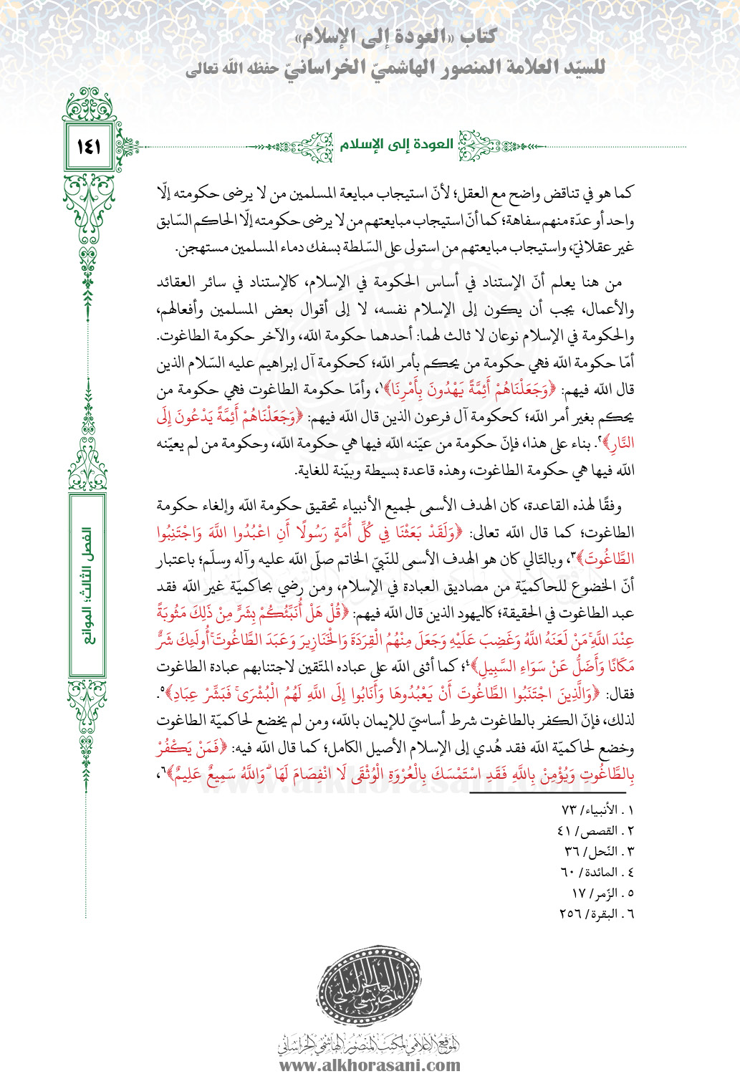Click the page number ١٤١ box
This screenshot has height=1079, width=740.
[x=87, y=147]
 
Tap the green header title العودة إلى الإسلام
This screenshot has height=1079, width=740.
[x=396, y=145]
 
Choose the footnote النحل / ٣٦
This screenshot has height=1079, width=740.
[x=599, y=851]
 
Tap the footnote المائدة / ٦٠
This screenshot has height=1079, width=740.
[x=597, y=872]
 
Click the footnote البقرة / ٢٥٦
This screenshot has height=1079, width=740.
[x=596, y=913]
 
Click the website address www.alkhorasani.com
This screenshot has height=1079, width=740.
[x=369, y=1065]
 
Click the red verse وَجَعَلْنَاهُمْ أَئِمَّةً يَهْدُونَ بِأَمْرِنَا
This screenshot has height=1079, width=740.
[x=466, y=390]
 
